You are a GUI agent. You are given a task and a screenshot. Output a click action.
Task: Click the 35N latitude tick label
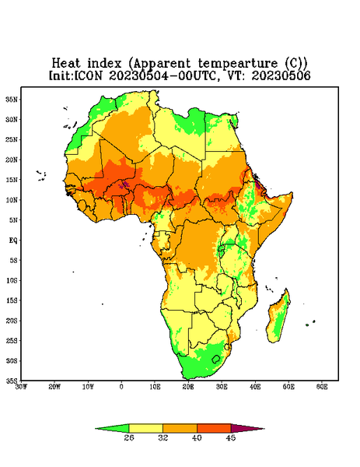(x=12, y=99)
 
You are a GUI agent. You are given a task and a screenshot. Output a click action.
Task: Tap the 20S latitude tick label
(x=12, y=321)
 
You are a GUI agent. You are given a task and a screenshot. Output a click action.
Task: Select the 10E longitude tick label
(x=155, y=387)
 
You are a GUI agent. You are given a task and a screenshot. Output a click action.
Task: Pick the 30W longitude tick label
(x=22, y=387)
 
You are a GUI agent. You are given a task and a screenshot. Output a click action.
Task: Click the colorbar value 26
(x=129, y=437)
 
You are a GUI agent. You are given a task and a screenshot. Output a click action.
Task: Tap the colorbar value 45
(x=231, y=437)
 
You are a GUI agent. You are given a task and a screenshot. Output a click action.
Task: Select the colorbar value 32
(x=163, y=437)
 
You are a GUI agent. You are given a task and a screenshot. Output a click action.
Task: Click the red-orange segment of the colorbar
(x=214, y=428)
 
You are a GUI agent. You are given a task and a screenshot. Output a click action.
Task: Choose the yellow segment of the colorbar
(x=145, y=428)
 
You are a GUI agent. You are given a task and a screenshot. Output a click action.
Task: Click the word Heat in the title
(x=66, y=63)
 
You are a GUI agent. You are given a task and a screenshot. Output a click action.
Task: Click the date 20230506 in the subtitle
(x=281, y=75)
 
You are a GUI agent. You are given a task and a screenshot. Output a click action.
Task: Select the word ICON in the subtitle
(x=88, y=75)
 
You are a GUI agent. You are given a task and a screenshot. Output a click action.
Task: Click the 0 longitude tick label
(x=121, y=387)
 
